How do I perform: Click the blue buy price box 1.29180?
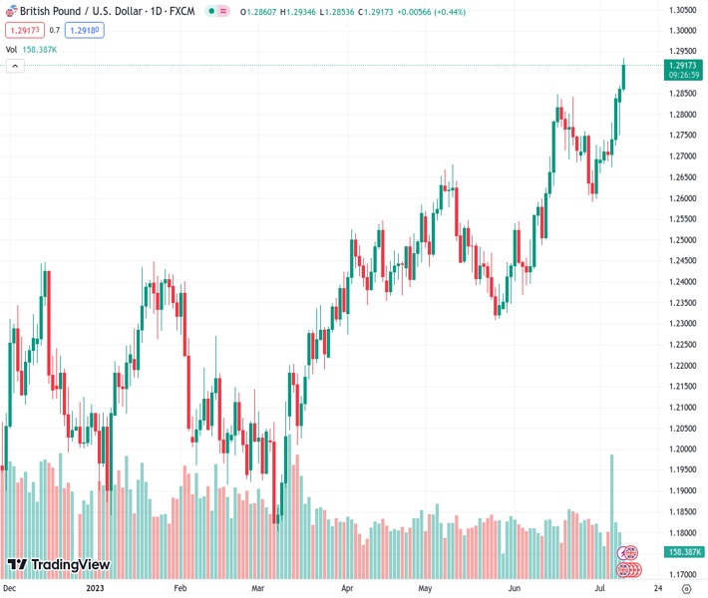click(84, 30)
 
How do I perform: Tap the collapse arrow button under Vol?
click(15, 66)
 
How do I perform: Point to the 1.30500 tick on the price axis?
click(682, 10)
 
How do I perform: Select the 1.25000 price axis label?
click(682, 240)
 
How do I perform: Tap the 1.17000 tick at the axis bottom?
click(682, 575)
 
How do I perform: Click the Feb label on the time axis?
click(181, 589)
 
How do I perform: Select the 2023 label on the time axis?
click(95, 589)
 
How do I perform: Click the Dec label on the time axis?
click(11, 589)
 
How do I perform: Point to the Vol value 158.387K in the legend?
click(40, 49)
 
